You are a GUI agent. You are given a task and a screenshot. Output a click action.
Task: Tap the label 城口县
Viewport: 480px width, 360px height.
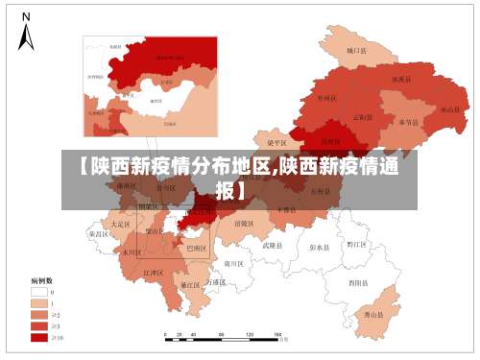[357, 50]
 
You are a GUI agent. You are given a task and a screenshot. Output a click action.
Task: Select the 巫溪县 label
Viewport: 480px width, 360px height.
[401, 80]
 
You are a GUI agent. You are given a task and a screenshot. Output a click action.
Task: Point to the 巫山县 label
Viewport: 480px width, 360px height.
[449, 109]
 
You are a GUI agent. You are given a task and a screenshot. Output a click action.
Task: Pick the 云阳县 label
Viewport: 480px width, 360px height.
[362, 117]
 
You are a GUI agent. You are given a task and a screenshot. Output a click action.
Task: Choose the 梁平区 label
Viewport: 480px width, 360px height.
[276, 142]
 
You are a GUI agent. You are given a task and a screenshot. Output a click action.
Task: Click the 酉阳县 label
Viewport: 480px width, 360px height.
[357, 282]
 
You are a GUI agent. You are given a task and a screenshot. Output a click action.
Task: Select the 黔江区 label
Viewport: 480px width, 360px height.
[356, 244]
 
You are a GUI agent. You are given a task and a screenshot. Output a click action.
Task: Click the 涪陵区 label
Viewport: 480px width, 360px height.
[244, 223]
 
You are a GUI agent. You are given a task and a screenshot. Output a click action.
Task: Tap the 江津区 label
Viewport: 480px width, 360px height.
[153, 274]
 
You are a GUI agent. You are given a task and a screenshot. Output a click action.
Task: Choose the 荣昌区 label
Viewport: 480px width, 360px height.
[98, 234]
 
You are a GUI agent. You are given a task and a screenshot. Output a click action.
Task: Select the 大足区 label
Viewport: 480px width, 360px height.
[120, 223]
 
